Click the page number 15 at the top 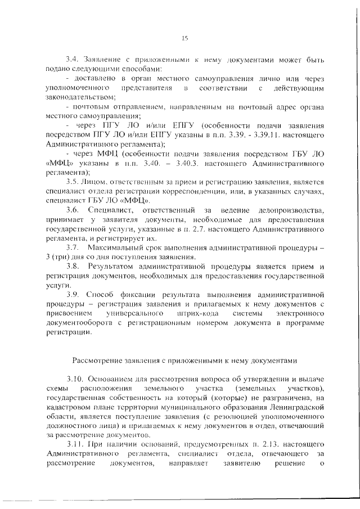tap(184, 38)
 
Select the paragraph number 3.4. tap(72, 58)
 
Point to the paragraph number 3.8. tap(72, 265)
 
